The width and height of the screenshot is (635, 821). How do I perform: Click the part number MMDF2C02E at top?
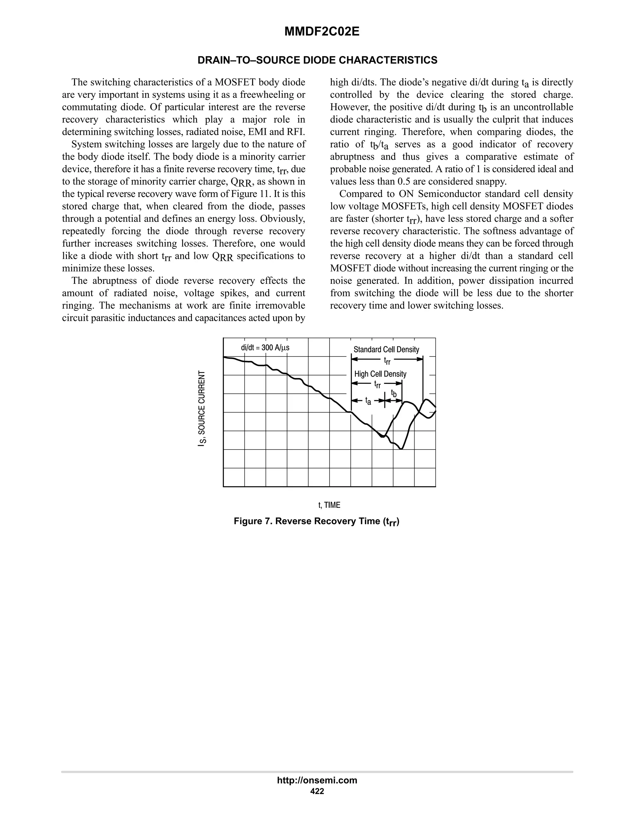click(322, 32)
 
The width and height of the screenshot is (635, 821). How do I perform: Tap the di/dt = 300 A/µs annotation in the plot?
click(265, 347)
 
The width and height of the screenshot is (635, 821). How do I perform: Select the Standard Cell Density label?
click(386, 349)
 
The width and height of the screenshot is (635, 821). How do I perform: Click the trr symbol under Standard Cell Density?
click(387, 361)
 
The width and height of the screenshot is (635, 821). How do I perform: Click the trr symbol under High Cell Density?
click(377, 384)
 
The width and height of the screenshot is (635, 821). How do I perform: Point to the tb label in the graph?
click(393, 393)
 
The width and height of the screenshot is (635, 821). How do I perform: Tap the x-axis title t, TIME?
click(329, 505)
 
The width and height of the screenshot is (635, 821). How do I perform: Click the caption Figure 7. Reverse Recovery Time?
click(316, 521)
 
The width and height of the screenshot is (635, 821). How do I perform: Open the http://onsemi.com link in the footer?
click(317, 780)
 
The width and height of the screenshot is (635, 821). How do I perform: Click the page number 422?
click(317, 791)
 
